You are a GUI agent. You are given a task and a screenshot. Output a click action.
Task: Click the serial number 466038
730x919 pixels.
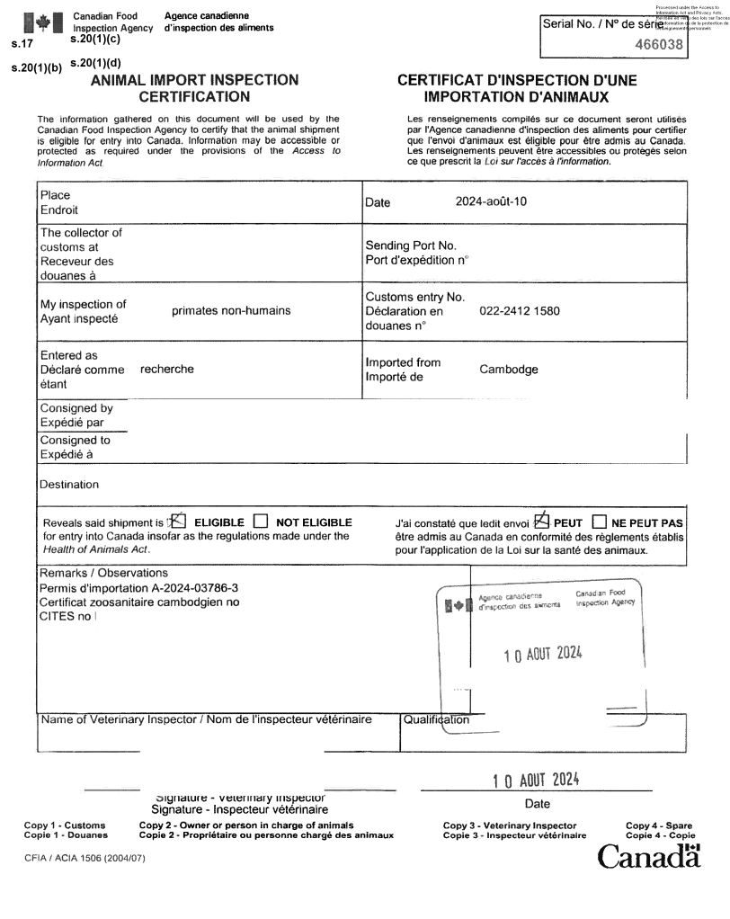point(661,43)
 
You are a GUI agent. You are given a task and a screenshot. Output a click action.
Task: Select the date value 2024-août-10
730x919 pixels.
point(491,201)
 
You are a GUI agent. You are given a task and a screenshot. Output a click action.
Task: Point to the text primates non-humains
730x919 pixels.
point(231,311)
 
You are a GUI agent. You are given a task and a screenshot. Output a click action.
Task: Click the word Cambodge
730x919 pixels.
point(509,370)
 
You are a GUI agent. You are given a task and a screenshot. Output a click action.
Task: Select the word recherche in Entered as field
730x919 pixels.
point(167,369)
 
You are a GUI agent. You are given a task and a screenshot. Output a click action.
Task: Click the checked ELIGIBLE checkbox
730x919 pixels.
point(178,521)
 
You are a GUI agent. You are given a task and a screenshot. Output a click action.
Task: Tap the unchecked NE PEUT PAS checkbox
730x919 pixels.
point(600,522)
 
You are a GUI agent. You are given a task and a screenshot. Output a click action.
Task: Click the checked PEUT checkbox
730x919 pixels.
point(541,521)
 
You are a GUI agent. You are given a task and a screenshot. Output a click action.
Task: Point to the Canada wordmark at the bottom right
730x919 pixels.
point(649,855)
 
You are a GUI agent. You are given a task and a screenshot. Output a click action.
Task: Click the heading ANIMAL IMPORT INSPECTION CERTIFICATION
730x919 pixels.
point(195,88)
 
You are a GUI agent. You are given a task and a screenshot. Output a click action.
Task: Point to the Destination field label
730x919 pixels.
point(69,485)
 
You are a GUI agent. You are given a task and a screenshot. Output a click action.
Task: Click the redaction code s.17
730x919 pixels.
point(17,42)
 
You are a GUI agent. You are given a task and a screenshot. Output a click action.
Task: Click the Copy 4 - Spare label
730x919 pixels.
point(659,825)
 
